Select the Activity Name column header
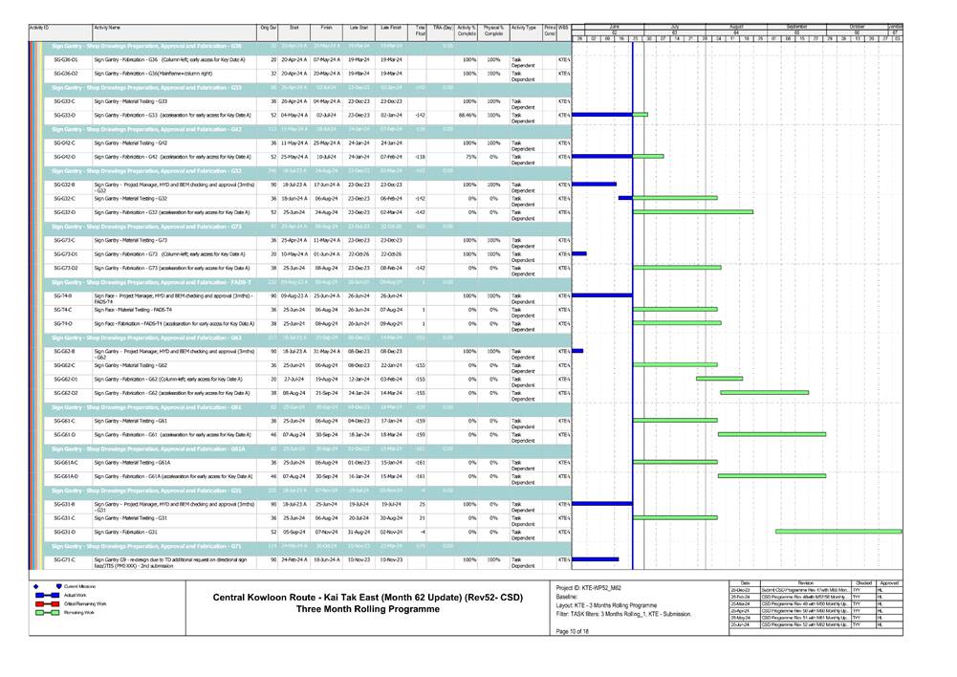pos(107,30)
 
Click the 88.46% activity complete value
pos(466,115)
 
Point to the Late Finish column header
pos(390,30)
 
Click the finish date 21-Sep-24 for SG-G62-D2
pos(326,393)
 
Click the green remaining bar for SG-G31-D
pos(837,532)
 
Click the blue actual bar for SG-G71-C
pos(595,559)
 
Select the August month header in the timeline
pos(736,26)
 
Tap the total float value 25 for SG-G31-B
pos(422,503)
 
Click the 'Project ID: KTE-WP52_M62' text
pos(595,586)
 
